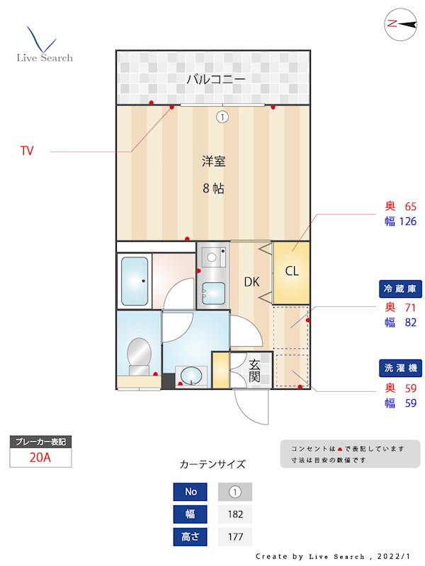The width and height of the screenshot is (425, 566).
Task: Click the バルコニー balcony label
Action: (215, 79)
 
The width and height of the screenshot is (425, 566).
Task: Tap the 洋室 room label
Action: (213, 161)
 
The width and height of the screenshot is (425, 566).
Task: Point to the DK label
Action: (252, 282)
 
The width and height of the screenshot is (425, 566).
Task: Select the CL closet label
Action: (292, 271)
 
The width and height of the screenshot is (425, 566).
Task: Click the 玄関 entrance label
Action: (254, 370)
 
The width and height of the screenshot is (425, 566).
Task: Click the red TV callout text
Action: (27, 151)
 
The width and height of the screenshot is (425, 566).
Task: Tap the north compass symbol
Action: (400, 24)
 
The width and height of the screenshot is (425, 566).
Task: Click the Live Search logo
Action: (44, 46)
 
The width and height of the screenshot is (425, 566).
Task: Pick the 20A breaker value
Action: (40, 457)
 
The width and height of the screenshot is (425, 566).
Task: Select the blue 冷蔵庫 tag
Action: (402, 289)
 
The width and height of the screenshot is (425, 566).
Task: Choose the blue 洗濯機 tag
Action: (402, 368)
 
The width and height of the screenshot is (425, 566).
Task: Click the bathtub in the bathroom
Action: (135, 281)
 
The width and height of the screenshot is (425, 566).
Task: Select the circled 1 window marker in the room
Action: (222, 117)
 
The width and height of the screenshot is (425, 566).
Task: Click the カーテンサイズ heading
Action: (212, 465)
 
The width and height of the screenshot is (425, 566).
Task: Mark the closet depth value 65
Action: (409, 207)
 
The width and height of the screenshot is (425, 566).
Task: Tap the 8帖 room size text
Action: (213, 189)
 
